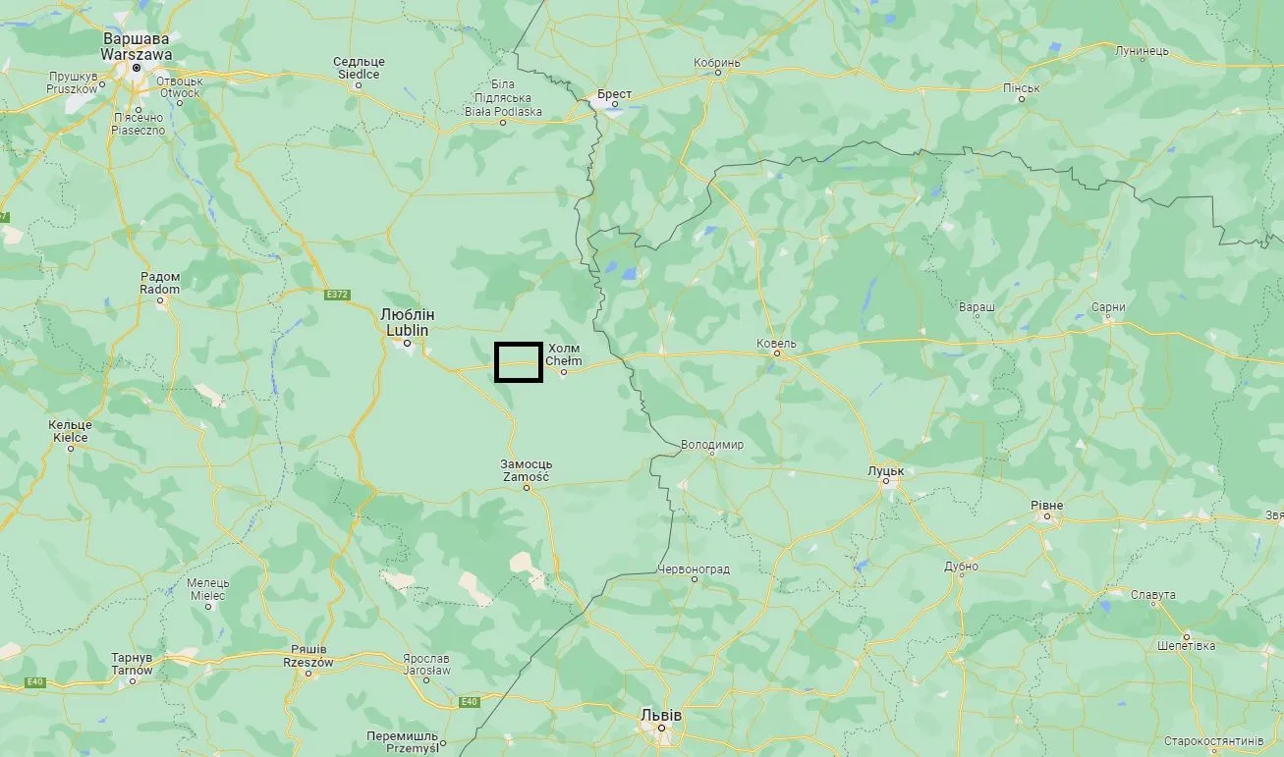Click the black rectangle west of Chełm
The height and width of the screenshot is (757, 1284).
pyautogui.click(x=518, y=361)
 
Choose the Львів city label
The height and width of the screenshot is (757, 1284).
pyautogui.click(x=660, y=715)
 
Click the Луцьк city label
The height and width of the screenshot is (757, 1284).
pyautogui.click(x=885, y=471)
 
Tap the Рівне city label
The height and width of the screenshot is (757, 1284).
pyautogui.click(x=1046, y=505)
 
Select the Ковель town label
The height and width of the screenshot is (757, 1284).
pyautogui.click(x=776, y=344)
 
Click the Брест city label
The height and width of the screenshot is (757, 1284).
pyautogui.click(x=614, y=94)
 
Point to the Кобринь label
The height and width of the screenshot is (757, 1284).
pyautogui.click(x=716, y=62)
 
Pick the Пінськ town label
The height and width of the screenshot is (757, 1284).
pyautogui.click(x=1021, y=88)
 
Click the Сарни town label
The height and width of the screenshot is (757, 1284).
pyautogui.click(x=1108, y=307)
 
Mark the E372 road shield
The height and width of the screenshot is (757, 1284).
pyautogui.click(x=337, y=294)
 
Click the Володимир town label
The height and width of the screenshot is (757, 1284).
pyautogui.click(x=712, y=445)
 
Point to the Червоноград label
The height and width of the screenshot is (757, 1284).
pyautogui.click(x=695, y=568)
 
